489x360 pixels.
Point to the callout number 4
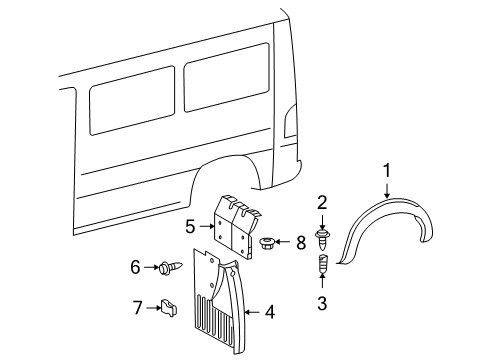(269, 313)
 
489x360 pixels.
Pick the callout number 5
(190, 226)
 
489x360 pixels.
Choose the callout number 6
(135, 267)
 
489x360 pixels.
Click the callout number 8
(302, 242)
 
